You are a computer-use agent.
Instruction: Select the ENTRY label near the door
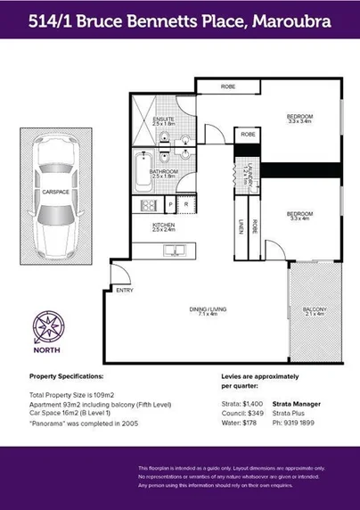coord(124,290)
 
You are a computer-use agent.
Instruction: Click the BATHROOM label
coord(163,171)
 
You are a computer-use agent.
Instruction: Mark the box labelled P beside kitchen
coord(169,204)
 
